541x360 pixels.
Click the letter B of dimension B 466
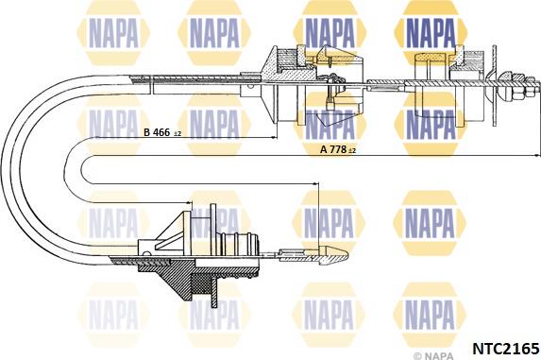146,134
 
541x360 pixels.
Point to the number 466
162,134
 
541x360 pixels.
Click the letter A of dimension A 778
324,149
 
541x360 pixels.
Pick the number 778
338,149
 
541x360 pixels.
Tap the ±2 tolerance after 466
178,135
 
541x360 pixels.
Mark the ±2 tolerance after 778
353,151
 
